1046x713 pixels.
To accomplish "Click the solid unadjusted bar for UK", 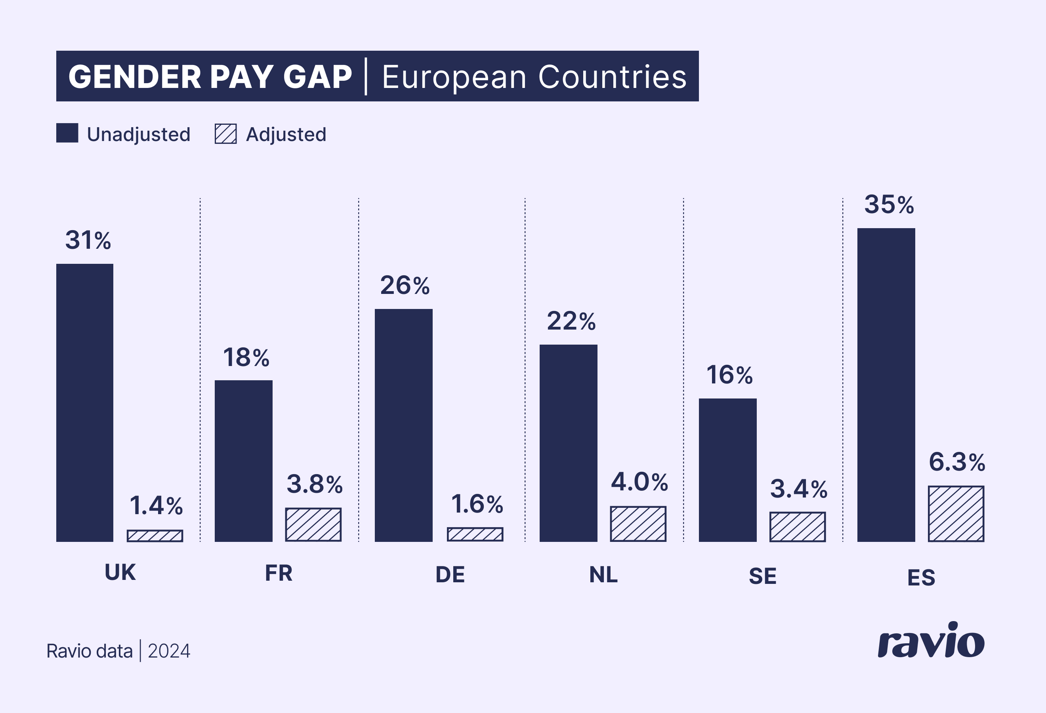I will [85, 402].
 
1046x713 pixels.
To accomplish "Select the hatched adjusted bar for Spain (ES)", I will [956, 513].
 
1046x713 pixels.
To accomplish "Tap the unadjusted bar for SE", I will [727, 470].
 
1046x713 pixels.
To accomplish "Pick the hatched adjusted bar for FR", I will [313, 524].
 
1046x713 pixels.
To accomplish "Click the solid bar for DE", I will [403, 425].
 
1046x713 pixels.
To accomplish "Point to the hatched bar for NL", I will [638, 523].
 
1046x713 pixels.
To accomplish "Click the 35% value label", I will [889, 205].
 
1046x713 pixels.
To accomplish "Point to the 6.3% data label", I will [957, 462].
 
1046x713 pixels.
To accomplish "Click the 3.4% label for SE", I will [798, 489].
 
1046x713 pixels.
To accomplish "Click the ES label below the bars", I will [921, 578].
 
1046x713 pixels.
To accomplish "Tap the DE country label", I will [450, 575].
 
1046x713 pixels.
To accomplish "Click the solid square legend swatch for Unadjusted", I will [67, 133].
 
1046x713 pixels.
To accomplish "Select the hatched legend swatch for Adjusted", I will [225, 133].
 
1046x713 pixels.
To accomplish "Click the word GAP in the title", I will [317, 76].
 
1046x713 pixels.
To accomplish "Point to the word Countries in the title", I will [612, 76].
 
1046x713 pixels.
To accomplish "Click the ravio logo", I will [931, 641].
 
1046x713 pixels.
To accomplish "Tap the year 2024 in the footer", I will [169, 651].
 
